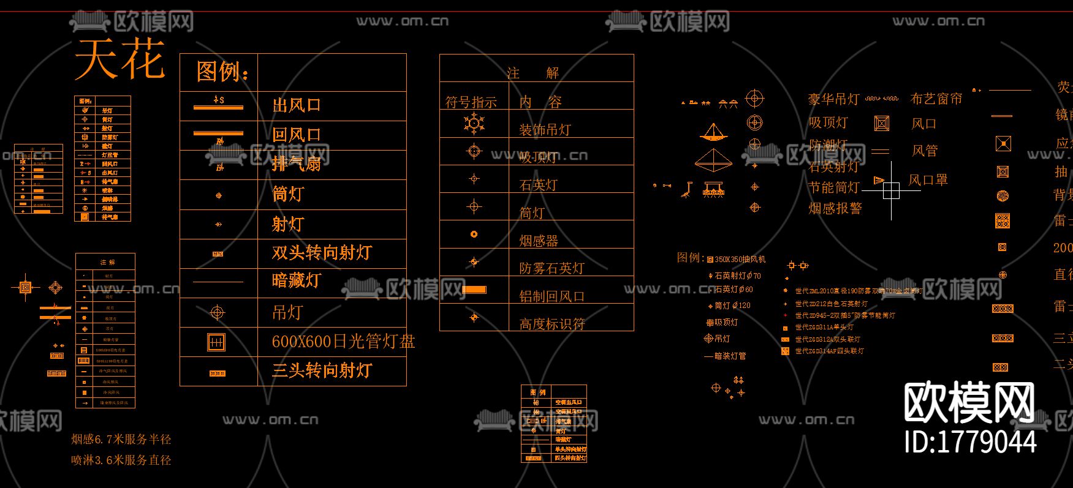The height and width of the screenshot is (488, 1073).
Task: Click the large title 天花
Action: pyautogui.click(x=119, y=59)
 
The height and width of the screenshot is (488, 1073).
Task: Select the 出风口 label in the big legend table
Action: pyautogui.click(x=297, y=105)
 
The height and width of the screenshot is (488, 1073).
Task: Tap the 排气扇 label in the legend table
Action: pyautogui.click(x=297, y=164)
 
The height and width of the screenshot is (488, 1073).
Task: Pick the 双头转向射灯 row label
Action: pyautogui.click(x=322, y=253)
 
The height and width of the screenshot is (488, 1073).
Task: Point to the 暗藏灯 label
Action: pyautogui.click(x=297, y=281)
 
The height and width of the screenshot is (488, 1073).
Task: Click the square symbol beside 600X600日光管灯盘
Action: pyautogui.click(x=216, y=342)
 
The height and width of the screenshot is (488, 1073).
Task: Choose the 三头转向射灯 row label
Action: pyautogui.click(x=322, y=370)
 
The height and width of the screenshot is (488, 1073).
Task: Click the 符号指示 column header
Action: pyautogui.click(x=471, y=102)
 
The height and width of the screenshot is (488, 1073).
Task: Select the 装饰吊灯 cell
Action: pyautogui.click(x=545, y=130)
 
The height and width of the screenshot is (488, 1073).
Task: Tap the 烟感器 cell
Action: pyautogui.click(x=539, y=241)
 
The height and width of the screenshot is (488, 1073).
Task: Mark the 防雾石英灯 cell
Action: pyautogui.click(x=552, y=268)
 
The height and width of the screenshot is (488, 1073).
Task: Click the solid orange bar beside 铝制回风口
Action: pyautogui.click(x=474, y=290)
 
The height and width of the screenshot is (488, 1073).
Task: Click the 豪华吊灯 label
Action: pyautogui.click(x=834, y=99)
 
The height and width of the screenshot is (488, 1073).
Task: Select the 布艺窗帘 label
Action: pyautogui.click(x=936, y=99)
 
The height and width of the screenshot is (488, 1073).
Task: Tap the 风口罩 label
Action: pyautogui.click(x=928, y=180)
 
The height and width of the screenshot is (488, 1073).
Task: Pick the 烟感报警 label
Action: pyautogui.click(x=835, y=208)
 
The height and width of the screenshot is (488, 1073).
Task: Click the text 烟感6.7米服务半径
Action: pyautogui.click(x=121, y=439)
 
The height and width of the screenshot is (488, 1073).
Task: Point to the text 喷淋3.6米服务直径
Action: pyautogui.click(x=121, y=460)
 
